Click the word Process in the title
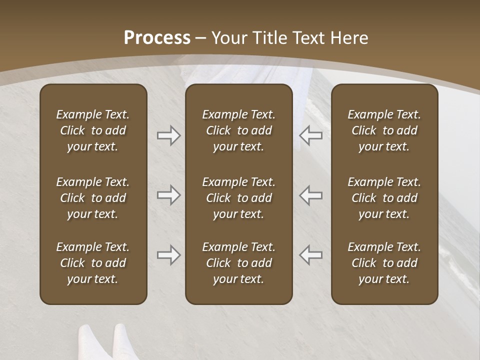point(157,38)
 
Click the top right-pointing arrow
point(168,135)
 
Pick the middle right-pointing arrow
point(168,195)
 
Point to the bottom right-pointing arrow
point(168,255)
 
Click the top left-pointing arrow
point(310,135)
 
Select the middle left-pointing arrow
point(310,195)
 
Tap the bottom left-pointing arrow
point(310,255)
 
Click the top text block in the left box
point(93,130)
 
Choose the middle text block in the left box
point(93,198)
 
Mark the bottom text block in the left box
point(93,263)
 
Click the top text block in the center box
point(238,130)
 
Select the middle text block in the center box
point(238,198)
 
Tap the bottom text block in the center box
point(238,263)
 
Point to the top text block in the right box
point(384,130)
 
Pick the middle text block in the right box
point(384,198)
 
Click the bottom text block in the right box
point(384,263)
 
